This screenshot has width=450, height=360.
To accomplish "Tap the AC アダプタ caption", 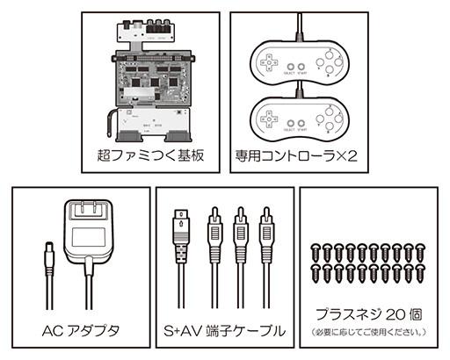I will click(79, 331).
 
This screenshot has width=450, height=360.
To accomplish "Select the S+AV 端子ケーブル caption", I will click(224, 331).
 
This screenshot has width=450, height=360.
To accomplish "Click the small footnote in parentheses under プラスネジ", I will click(370, 331).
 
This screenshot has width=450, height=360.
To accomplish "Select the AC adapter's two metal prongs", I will click(87, 212).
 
